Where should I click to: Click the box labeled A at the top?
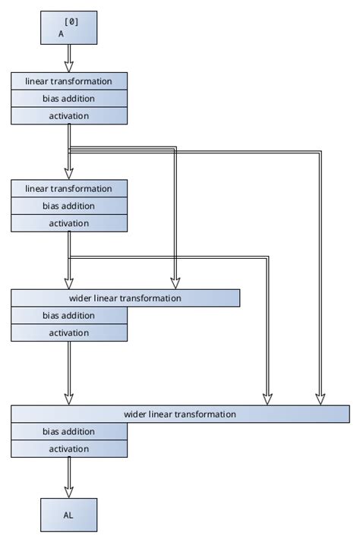pos(69,28)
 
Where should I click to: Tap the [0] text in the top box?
pos(71,22)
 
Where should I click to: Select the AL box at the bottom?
pos(69,515)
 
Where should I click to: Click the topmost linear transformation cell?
pos(69,81)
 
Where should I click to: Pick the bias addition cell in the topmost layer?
pos(69,99)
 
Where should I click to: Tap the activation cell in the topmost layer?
pos(69,116)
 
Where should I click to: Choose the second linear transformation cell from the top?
pos(69,188)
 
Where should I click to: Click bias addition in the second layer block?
pos(69,206)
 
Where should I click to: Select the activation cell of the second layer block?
pos(69,223)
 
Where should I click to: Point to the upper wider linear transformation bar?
pos(125,298)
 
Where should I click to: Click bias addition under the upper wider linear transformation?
pos(69,316)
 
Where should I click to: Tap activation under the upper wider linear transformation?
pos(69,333)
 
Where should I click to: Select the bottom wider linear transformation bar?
pos(180,414)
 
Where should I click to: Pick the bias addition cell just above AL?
pos(69,432)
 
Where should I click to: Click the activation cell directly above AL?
pos(69,449)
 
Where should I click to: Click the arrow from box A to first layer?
pos(69,58)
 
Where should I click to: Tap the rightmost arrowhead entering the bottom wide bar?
pos(320,399)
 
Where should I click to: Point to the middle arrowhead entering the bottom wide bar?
pos(268,399)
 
